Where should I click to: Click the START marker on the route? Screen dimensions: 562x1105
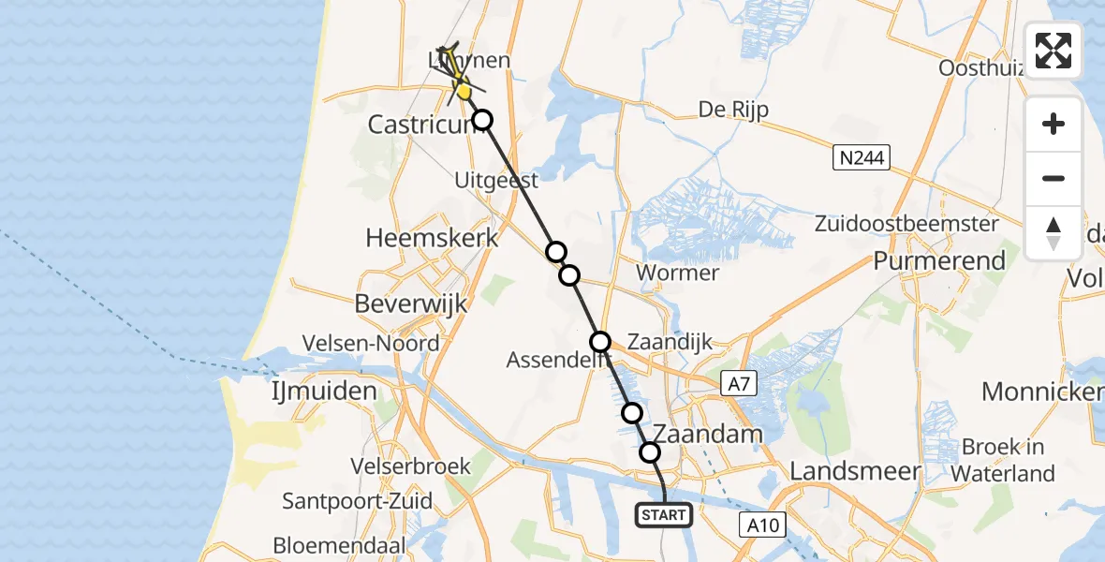[664, 514]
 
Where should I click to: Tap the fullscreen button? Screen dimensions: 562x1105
[1053, 51]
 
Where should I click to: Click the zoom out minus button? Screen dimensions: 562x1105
[1053, 178]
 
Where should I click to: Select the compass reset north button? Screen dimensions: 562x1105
[1053, 232]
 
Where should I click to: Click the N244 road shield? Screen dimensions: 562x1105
[861, 157]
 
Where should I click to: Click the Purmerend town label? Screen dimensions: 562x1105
[939, 260]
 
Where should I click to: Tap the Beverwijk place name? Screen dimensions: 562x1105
[411, 303]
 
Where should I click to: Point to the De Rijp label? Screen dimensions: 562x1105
[733, 110]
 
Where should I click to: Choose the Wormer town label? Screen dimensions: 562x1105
[677, 273]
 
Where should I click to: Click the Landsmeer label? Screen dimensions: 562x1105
[855, 471]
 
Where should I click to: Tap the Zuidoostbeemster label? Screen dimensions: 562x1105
[906, 224]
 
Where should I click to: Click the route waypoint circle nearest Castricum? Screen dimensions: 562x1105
[481, 120]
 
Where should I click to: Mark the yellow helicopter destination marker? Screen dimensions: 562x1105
[463, 91]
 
